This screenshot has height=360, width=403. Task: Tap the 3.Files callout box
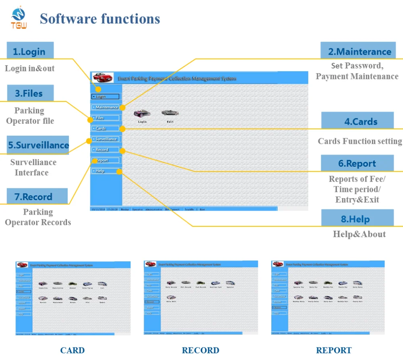click(x=29, y=93)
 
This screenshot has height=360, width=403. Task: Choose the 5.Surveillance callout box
click(x=38, y=145)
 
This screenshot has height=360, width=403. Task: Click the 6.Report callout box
click(x=357, y=163)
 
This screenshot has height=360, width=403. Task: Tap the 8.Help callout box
click(x=357, y=219)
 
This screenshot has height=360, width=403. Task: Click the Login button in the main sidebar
click(x=105, y=97)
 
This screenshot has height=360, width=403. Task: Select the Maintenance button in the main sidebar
click(x=105, y=107)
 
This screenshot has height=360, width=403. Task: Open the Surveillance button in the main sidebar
click(x=105, y=139)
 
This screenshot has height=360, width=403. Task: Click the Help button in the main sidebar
click(x=105, y=171)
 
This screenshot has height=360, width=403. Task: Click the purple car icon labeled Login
click(x=142, y=114)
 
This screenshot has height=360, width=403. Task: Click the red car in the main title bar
click(x=103, y=77)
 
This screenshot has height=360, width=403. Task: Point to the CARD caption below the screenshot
click(x=73, y=350)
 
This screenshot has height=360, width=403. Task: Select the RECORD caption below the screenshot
click(x=201, y=350)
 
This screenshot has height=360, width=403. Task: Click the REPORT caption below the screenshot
click(x=334, y=350)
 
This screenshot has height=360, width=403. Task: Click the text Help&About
click(x=359, y=234)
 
